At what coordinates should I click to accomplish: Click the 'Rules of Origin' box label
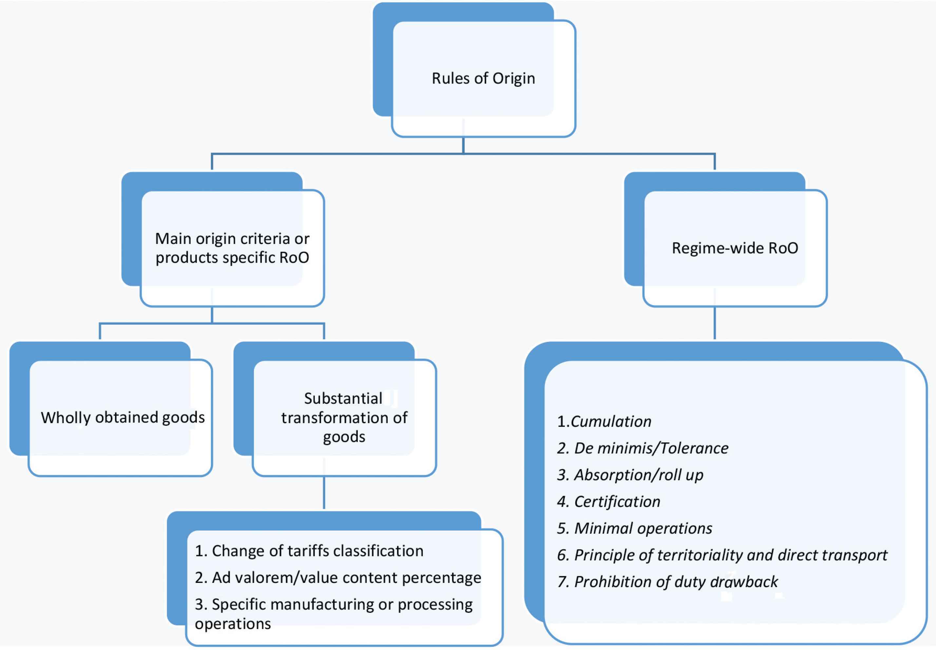[x=483, y=78]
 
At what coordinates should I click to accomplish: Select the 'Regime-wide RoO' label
[x=735, y=248]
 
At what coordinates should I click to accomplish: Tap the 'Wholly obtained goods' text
[x=123, y=418]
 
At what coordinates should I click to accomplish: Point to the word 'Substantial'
[x=343, y=398]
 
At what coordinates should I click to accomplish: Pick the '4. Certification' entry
[x=609, y=502]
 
